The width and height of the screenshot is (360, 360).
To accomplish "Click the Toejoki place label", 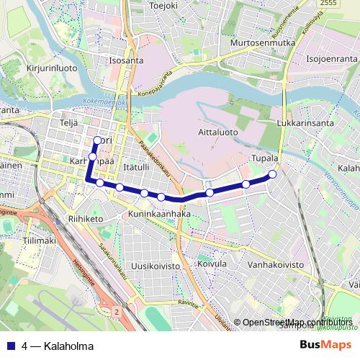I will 163,6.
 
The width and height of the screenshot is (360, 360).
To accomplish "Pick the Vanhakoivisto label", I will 276,266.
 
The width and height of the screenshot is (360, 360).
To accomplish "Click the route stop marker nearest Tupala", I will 273,174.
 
